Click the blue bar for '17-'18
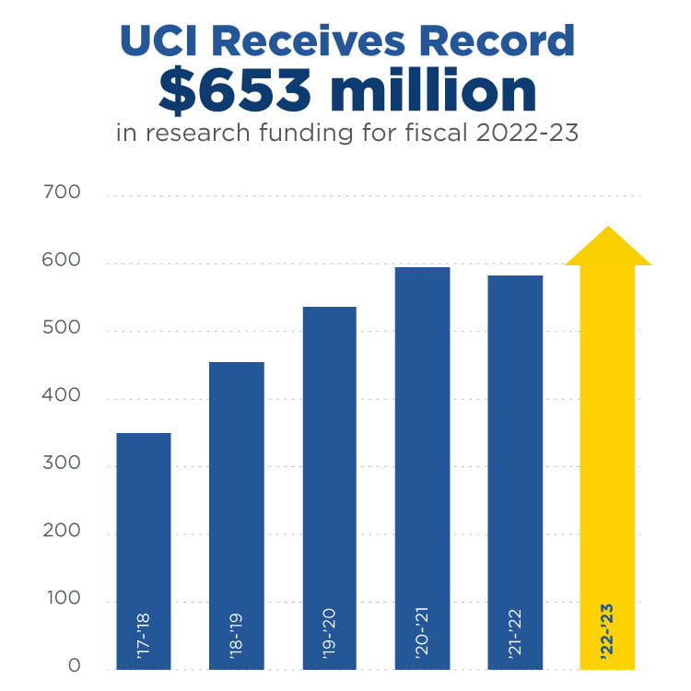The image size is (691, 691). coord(144,551)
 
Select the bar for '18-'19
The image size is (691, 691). coord(237,516)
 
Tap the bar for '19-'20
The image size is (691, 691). coord(330,487)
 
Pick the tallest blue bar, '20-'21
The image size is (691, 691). coord(423,468)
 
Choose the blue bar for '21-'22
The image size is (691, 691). coord(515,473)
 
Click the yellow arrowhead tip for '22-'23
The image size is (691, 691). coord(608,227)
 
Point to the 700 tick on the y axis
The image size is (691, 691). coord(62,193)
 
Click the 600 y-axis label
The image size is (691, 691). coord(61,260)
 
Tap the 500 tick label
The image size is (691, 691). coord(61,327)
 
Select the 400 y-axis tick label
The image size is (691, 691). coord(61,395)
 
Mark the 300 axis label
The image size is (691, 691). coord(61,463)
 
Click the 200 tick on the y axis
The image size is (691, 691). coord(61,530)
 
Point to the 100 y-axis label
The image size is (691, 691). coord(64,598)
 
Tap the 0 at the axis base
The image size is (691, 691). coord(74,665)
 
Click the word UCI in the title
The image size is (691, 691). coord(158,41)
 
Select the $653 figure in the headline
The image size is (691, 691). coord(235,91)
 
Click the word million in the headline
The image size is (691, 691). coord(433,89)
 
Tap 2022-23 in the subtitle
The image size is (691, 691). coord(527,133)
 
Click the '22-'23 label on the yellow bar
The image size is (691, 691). coord(607,632)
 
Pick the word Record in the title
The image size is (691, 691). coord(497,41)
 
